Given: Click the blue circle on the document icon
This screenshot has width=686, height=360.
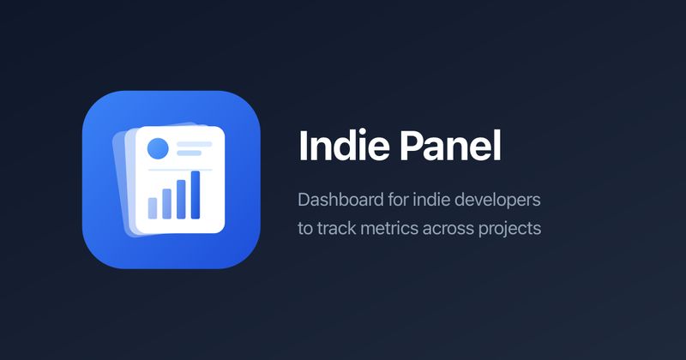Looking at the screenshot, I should point(158,148).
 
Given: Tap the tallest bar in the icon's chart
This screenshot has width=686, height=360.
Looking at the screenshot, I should point(195,194).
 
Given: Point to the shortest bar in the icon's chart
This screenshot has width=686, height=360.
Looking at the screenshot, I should point(153,207).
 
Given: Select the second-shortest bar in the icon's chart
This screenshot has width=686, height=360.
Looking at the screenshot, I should point(166,202).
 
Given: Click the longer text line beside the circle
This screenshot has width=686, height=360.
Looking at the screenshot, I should point(193,143).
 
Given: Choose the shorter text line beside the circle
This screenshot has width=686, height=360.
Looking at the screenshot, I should point(189,153).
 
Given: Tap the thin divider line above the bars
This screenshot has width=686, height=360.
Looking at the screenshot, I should point(179,170).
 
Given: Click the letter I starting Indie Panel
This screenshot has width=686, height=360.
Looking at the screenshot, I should point(303,147).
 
